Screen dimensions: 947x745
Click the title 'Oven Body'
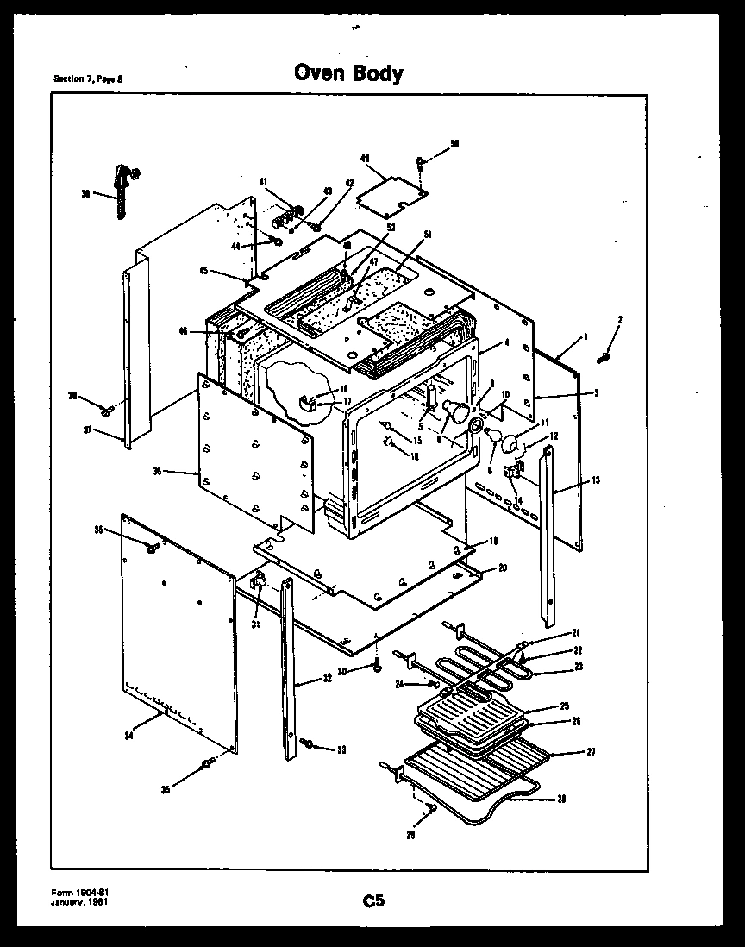tap(348, 72)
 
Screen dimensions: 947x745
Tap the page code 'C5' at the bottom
tap(372, 901)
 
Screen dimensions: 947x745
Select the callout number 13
tap(596, 480)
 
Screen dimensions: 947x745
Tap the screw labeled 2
tap(605, 356)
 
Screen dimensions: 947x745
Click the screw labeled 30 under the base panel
tap(378, 667)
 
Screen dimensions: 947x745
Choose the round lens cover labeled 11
tap(512, 444)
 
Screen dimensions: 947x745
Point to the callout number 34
tap(128, 735)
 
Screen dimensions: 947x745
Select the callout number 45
tap(204, 270)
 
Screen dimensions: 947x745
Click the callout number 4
tap(507, 342)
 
